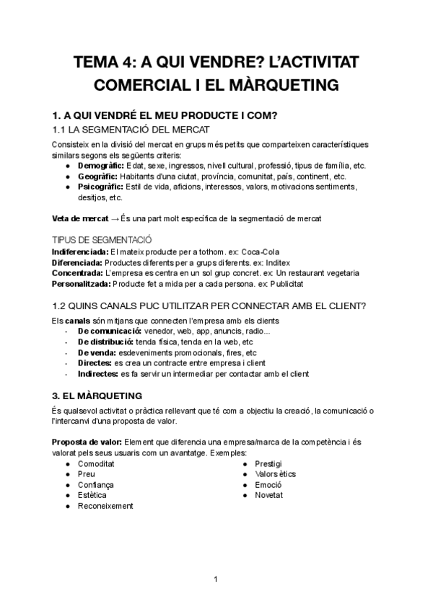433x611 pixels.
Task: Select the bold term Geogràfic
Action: click(98, 176)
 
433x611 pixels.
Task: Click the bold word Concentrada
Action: click(78, 272)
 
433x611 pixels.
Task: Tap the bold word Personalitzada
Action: click(82, 283)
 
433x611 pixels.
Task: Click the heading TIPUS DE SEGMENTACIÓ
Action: click(102, 239)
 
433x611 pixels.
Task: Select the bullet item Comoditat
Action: click(97, 463)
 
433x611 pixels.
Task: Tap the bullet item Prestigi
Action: click(268, 463)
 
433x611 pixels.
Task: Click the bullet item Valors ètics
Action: click(275, 474)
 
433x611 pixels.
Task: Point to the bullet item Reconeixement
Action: click(105, 507)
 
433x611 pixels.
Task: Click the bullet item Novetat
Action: click(268, 496)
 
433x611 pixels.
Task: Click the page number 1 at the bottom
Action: click(216, 579)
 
